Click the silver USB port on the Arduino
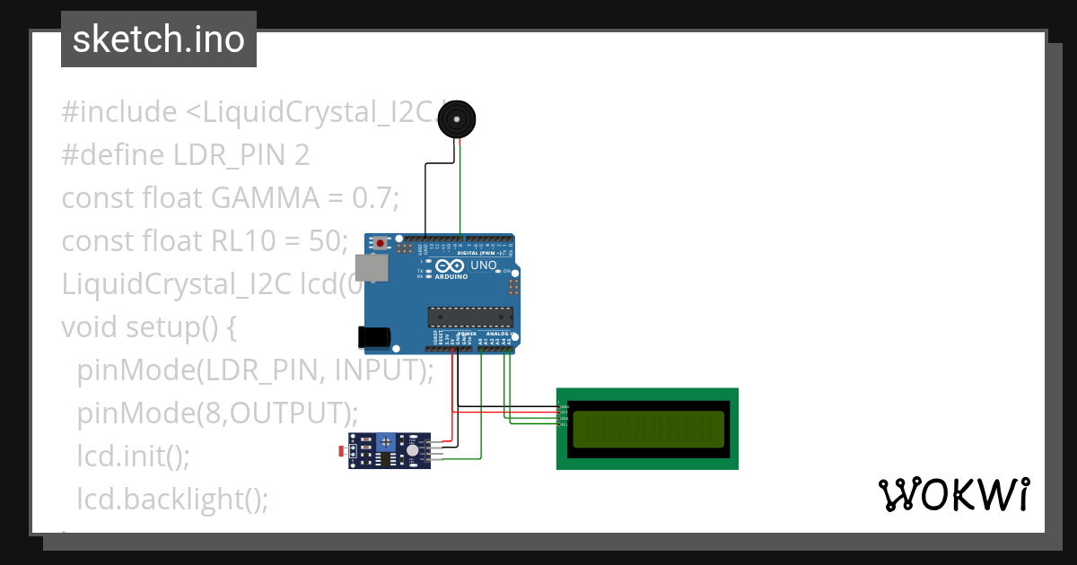[x=367, y=267]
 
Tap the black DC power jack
[x=373, y=336]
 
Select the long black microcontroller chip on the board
[x=470, y=315]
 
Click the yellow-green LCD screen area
[x=648, y=429]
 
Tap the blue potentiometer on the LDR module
[x=387, y=441]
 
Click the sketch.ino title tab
[x=159, y=39]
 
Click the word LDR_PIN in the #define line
[x=231, y=155]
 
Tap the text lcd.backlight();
[x=172, y=499]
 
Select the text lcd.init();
[x=134, y=456]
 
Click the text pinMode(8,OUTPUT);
[x=217, y=413]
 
